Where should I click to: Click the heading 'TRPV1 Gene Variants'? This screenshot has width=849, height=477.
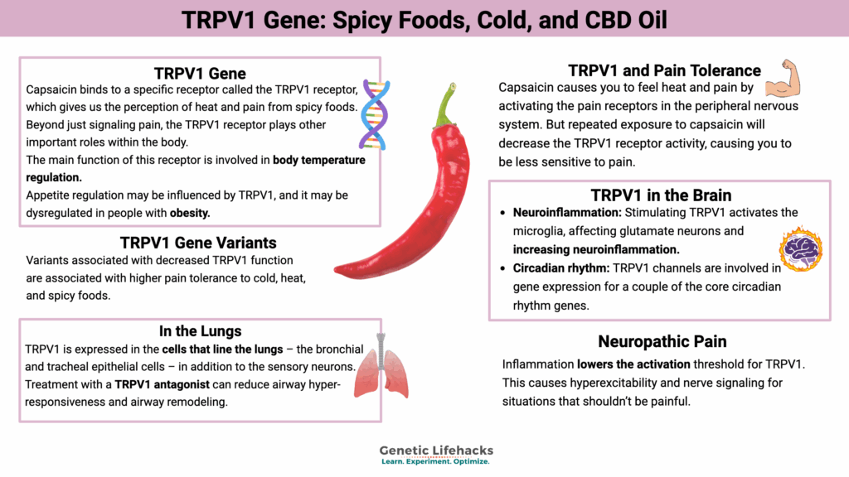198,243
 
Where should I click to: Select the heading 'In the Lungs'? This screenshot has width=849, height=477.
200,330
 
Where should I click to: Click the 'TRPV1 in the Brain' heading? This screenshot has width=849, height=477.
661,195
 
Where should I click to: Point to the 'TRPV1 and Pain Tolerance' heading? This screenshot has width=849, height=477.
664,70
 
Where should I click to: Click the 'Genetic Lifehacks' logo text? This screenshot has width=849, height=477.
436,450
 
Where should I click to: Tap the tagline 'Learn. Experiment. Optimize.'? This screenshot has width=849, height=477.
435,462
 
